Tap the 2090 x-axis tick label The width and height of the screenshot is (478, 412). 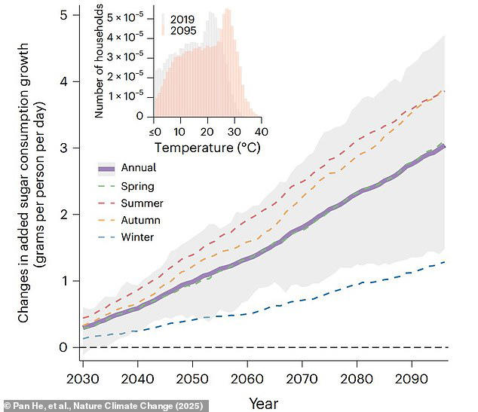coord(414,376)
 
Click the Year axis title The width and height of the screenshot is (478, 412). coord(263,403)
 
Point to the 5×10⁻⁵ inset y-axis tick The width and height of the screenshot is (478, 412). coord(128,15)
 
